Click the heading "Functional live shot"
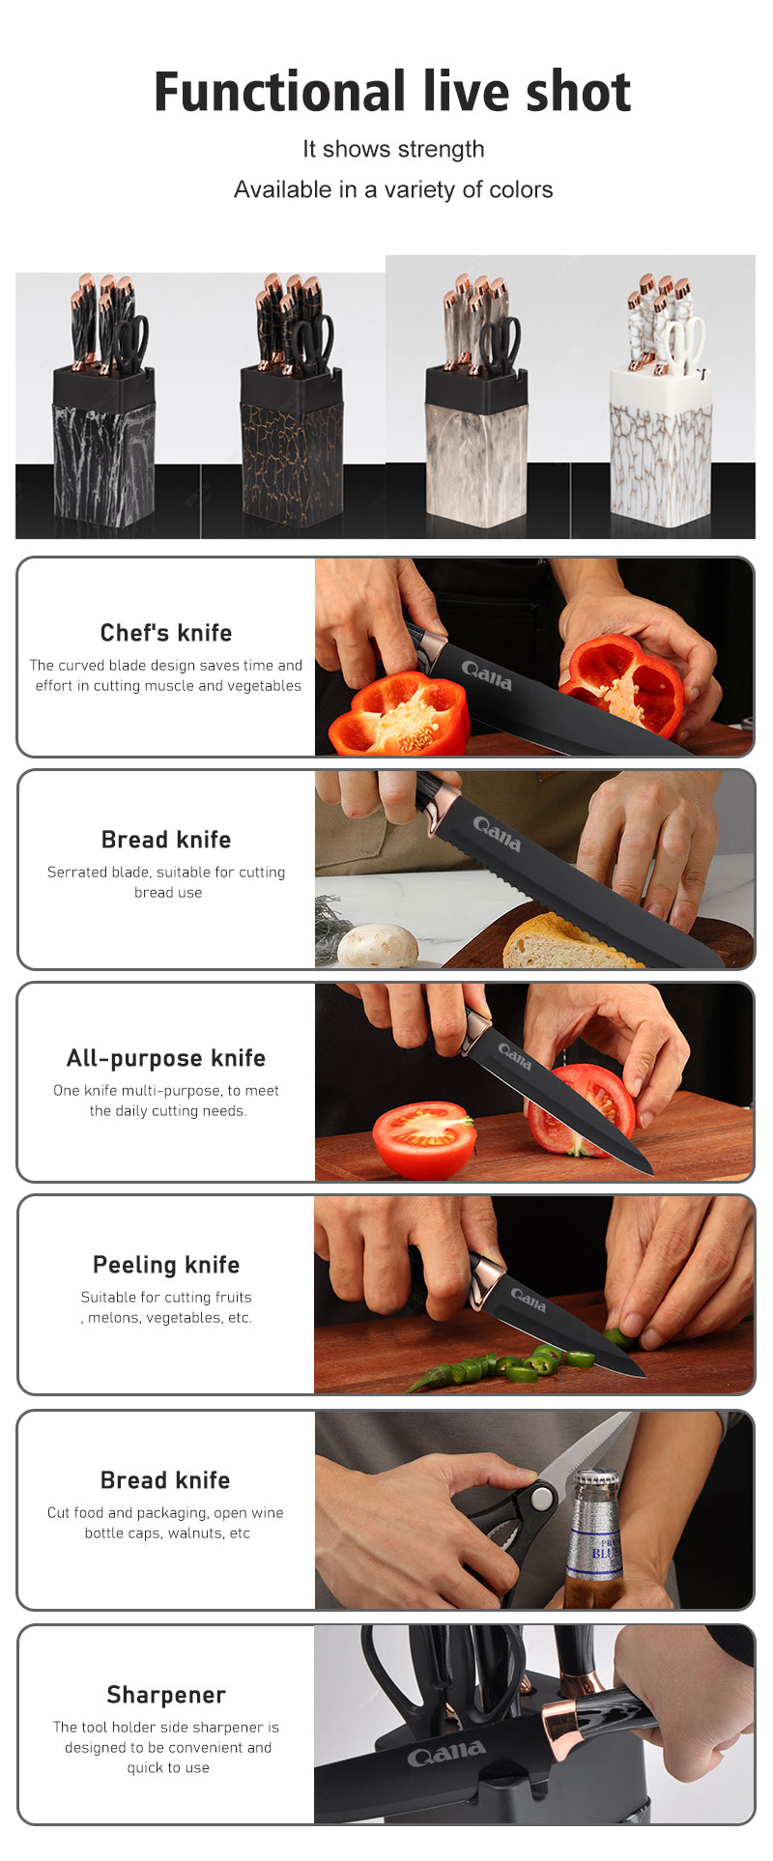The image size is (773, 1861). [392, 93]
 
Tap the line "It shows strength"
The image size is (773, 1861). [393, 149]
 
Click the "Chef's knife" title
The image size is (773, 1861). [166, 633]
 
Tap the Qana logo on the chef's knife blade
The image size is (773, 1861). [487, 674]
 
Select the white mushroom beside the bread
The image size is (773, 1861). [378, 944]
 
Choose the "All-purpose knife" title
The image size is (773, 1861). [166, 1058]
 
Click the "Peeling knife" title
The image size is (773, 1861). [166, 1265]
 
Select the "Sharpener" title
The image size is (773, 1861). [166, 1695]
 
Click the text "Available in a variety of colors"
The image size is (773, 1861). [393, 189]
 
